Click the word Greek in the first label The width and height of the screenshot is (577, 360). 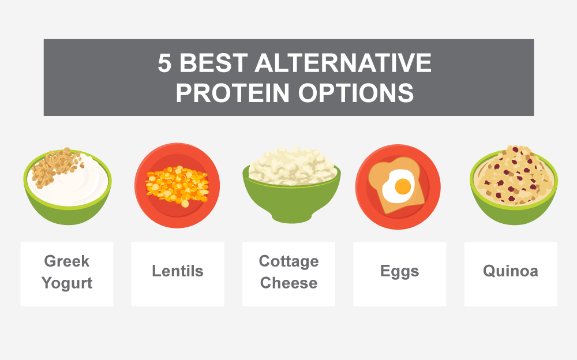[67, 261]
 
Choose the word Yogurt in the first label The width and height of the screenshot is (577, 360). [67, 283]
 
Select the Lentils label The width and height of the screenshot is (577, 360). [178, 271]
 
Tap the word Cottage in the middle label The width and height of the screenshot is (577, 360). [288, 261]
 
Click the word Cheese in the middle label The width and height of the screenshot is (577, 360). [288, 283]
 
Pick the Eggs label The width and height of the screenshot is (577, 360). [399, 271]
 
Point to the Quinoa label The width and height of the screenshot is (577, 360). [510, 271]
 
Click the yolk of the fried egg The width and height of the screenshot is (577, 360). [403, 186]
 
